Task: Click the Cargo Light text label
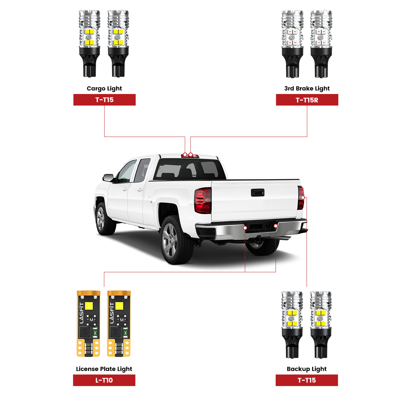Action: (x=104, y=88)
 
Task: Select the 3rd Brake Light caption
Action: (x=307, y=88)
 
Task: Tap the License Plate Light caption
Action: (x=104, y=369)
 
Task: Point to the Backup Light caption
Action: (x=307, y=369)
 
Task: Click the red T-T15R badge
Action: (x=307, y=100)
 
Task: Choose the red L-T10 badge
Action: (x=104, y=380)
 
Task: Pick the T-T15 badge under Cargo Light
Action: (x=104, y=100)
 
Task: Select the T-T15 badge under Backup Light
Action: (x=307, y=380)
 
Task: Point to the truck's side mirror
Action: (x=109, y=178)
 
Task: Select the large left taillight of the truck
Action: (x=203, y=200)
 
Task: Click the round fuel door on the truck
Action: (x=149, y=200)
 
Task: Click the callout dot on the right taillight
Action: (x=303, y=197)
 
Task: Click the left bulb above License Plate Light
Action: (x=88, y=323)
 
